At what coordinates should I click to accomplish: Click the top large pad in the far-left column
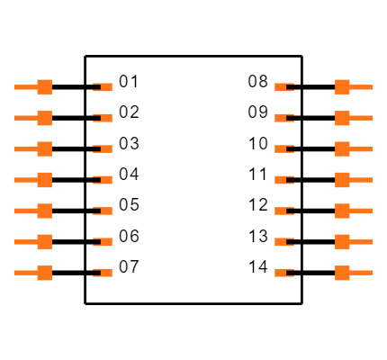pyautogui.click(x=44, y=87)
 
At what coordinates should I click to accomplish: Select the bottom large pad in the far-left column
pyautogui.click(x=44, y=273)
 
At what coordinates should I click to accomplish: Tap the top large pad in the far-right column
pyautogui.click(x=343, y=87)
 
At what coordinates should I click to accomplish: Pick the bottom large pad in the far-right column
pyautogui.click(x=343, y=273)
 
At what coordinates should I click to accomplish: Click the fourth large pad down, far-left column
pyautogui.click(x=44, y=180)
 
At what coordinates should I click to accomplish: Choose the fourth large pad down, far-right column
pyautogui.click(x=343, y=180)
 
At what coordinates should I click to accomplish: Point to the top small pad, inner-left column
pyautogui.click(x=104, y=87)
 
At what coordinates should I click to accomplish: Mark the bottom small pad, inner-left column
pyautogui.click(x=104, y=273)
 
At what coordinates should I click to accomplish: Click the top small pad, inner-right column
pyautogui.click(x=283, y=87)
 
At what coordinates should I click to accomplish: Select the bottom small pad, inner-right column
pyautogui.click(x=283, y=273)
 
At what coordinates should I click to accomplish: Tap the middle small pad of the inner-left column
pyautogui.click(x=104, y=180)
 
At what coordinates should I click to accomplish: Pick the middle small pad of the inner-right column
pyautogui.click(x=283, y=180)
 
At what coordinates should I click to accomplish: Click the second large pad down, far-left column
pyautogui.click(x=44, y=118)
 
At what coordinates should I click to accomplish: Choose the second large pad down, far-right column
pyautogui.click(x=343, y=118)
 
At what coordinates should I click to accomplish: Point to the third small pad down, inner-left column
pyautogui.click(x=104, y=149)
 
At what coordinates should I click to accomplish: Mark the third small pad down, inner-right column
pyautogui.click(x=283, y=149)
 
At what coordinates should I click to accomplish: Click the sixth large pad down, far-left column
pyautogui.click(x=44, y=242)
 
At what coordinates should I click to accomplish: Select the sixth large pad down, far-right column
pyautogui.click(x=343, y=242)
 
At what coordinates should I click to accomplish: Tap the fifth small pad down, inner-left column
pyautogui.click(x=104, y=211)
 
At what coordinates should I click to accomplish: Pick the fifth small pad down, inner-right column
pyautogui.click(x=283, y=211)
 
